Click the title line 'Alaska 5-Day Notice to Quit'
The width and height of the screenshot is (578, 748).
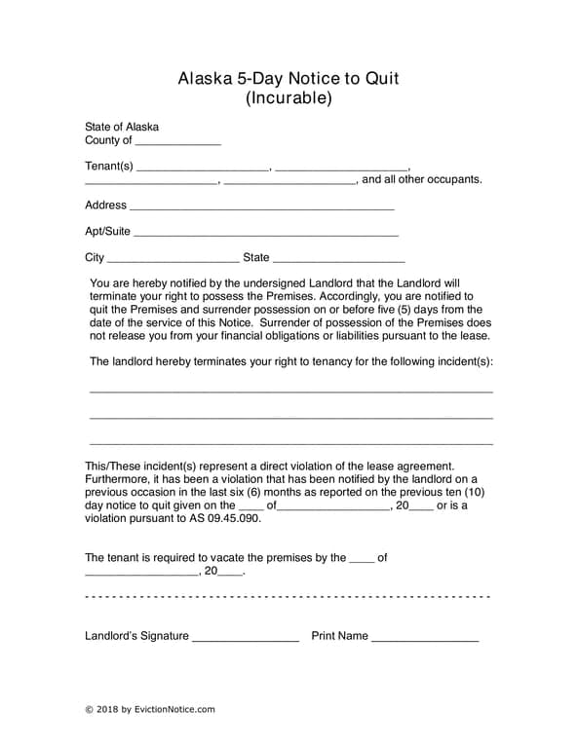pos(289,79)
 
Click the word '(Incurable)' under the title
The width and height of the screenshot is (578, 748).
pos(289,98)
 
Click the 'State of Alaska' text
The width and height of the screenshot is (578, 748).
pos(122,127)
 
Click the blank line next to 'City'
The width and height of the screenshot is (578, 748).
pos(173,260)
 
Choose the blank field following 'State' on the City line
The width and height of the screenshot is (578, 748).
pos(338,260)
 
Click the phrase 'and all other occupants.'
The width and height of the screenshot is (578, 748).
pos(421,179)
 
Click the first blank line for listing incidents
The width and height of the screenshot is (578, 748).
pos(290,392)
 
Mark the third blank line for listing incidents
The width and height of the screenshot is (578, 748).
pos(290,444)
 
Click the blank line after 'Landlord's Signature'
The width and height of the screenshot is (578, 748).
pos(245,639)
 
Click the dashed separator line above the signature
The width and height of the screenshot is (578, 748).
pos(288,595)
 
